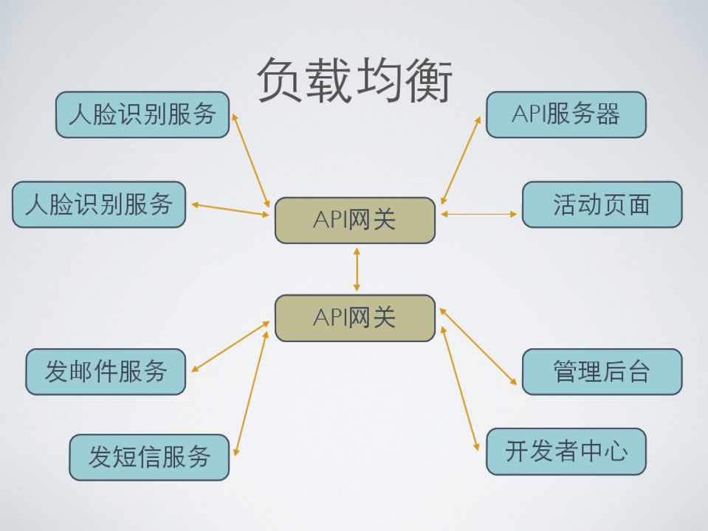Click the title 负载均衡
[354, 80]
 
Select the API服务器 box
[566, 114]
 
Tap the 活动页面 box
[602, 204]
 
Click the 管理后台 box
[602, 372]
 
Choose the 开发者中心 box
[566, 451]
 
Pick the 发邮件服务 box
[106, 372]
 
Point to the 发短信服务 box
[149, 457]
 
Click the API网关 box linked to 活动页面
[355, 220]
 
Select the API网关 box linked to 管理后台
[355, 318]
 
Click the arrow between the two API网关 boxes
[357, 269]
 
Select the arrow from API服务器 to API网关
[461, 159]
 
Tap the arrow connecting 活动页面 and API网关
[479, 214]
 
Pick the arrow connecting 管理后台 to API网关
[478, 347]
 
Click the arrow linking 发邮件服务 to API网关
[230, 346]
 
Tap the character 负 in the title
[281, 80]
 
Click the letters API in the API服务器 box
[528, 114]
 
